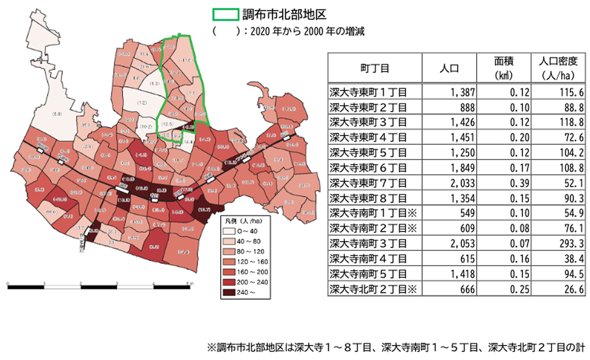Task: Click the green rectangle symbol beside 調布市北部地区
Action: [x=226, y=14]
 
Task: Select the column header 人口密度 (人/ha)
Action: [x=558, y=68]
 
